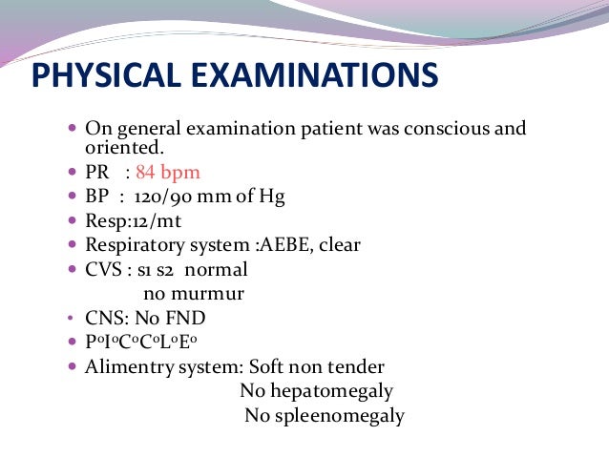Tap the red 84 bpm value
click(168, 173)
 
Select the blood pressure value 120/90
click(169, 197)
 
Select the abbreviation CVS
click(104, 269)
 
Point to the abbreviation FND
click(186, 319)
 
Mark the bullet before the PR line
click(74, 174)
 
